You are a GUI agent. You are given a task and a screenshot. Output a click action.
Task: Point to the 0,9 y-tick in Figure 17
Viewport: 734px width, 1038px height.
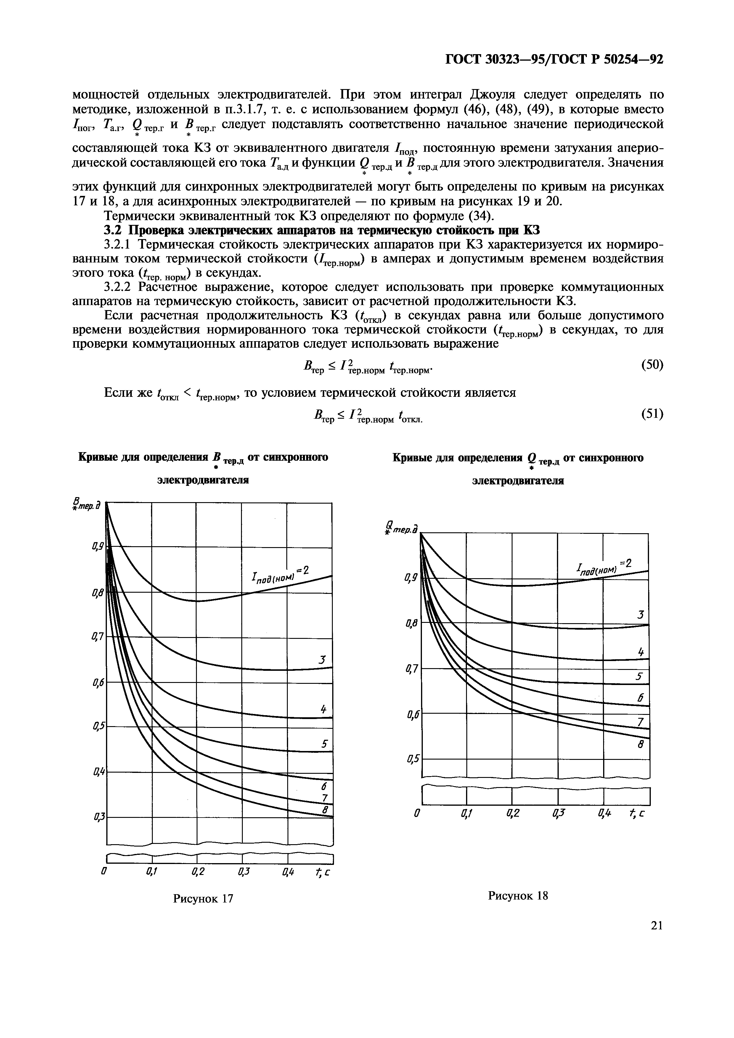97,547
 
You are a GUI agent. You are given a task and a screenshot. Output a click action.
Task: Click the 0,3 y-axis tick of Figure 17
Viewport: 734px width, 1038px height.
97,817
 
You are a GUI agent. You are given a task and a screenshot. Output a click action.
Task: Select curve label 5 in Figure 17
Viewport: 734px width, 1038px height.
324,744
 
